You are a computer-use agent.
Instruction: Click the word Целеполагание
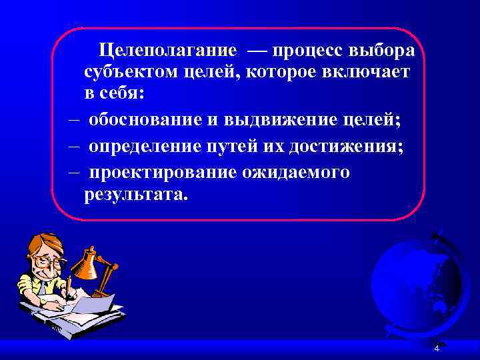tap(167, 51)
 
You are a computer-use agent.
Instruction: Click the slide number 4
tap(437, 349)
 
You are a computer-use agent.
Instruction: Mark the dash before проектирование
tap(73, 171)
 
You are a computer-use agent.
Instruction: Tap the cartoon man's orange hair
tap(37, 243)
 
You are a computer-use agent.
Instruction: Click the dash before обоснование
tap(73, 121)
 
